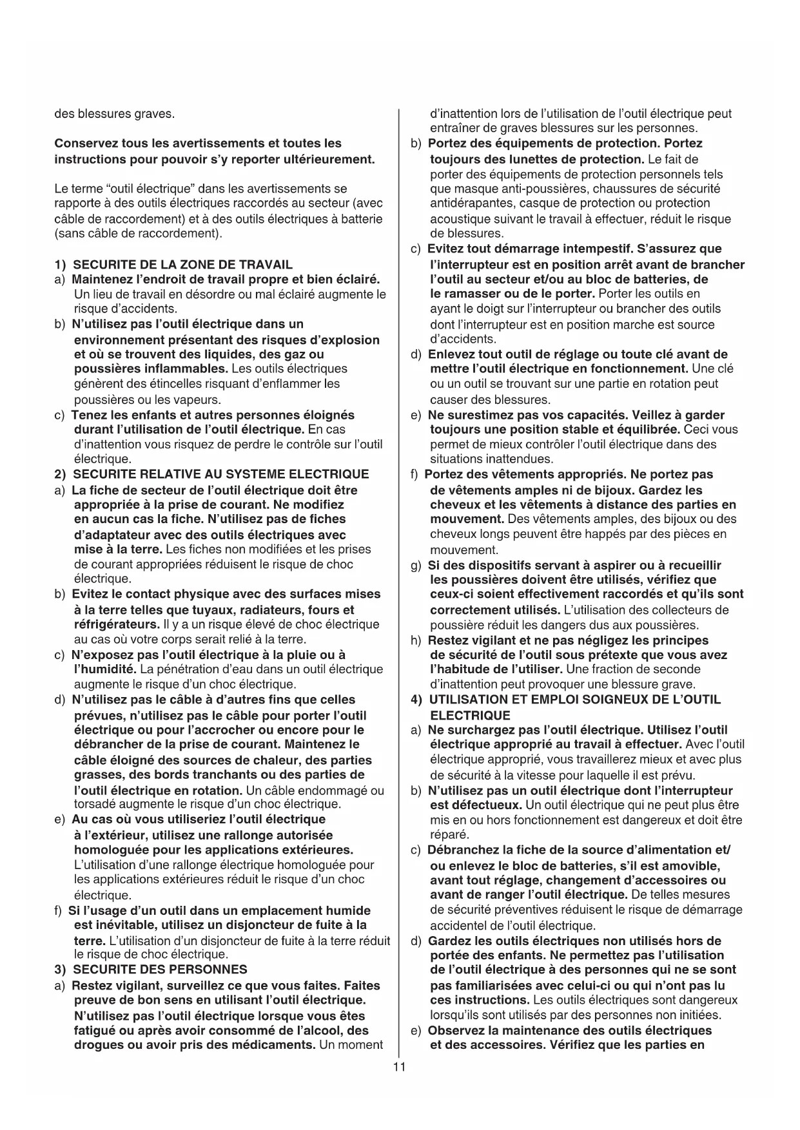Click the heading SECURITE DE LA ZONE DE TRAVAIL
click(x=182, y=264)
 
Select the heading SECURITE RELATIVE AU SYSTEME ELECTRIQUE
click(x=221, y=474)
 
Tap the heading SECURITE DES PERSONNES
click(x=160, y=970)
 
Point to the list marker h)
click(x=416, y=640)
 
